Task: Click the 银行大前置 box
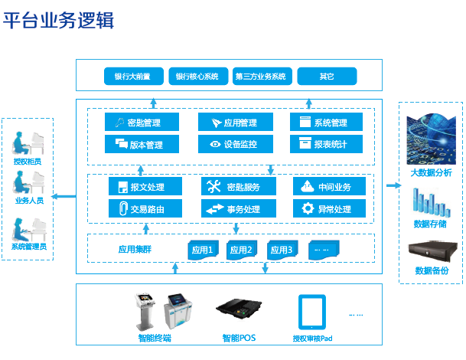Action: pos(134,76)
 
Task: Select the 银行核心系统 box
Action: pos(198,76)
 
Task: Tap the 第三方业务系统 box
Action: pos(262,76)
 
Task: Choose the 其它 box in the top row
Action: pos(327,76)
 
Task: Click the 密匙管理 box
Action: pos(142,122)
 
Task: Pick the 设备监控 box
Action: pos(236,144)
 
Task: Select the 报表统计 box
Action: pos(326,144)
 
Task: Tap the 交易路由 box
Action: pos(145,208)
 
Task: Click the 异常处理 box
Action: pos(329,208)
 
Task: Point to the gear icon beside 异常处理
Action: pos(308,208)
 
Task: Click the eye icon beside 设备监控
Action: pos(215,144)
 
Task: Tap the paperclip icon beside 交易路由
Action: pos(123,208)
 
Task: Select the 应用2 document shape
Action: pos(242,250)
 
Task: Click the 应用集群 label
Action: pos(135,249)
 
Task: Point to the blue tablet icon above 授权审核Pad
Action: pos(312,312)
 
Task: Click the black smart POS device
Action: pos(239,309)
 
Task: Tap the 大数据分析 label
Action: pos(431,172)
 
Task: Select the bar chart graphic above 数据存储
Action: pos(432,202)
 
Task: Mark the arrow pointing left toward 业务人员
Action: pos(64,196)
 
